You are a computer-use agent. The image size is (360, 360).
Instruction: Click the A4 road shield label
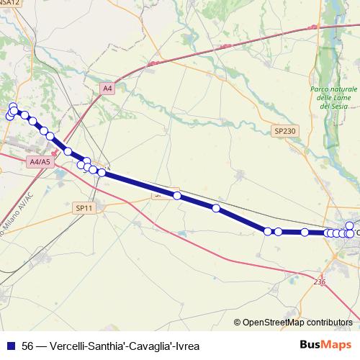click(107, 88)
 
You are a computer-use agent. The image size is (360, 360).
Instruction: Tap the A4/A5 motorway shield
click(41, 162)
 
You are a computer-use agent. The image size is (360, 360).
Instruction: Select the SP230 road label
click(284, 130)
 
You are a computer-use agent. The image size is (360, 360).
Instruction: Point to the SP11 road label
click(84, 208)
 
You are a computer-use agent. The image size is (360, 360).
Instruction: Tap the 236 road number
click(320, 283)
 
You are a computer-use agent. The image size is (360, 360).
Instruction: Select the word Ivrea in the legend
click(176, 345)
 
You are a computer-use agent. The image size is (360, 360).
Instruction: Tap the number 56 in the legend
click(28, 345)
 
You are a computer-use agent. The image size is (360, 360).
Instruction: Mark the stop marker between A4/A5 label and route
click(68, 152)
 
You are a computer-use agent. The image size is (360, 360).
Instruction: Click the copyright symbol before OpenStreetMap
click(238, 323)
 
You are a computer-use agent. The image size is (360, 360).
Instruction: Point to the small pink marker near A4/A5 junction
click(55, 153)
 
